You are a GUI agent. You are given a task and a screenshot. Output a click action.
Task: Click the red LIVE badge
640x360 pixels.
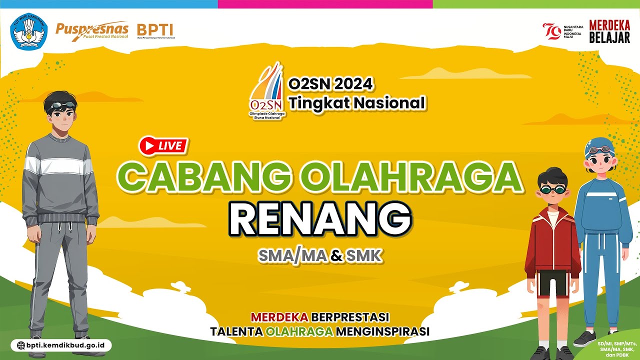tap(163, 146)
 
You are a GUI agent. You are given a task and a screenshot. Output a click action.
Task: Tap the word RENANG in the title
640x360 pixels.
tap(320, 218)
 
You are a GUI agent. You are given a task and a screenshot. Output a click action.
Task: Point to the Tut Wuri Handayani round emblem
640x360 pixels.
tap(29, 31)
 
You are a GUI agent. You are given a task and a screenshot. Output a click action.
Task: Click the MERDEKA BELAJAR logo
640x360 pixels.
tap(609, 31)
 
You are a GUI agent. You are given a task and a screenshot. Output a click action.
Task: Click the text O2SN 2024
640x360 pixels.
tap(330, 84)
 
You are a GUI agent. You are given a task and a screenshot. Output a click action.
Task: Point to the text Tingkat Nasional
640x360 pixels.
tap(356, 103)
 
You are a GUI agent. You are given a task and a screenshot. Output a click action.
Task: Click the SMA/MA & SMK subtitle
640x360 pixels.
tap(320, 256)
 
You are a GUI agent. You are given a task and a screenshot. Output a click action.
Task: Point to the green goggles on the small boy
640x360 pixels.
tap(551, 190)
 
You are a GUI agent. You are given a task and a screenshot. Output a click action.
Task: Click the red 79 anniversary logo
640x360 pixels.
tap(552, 31)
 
